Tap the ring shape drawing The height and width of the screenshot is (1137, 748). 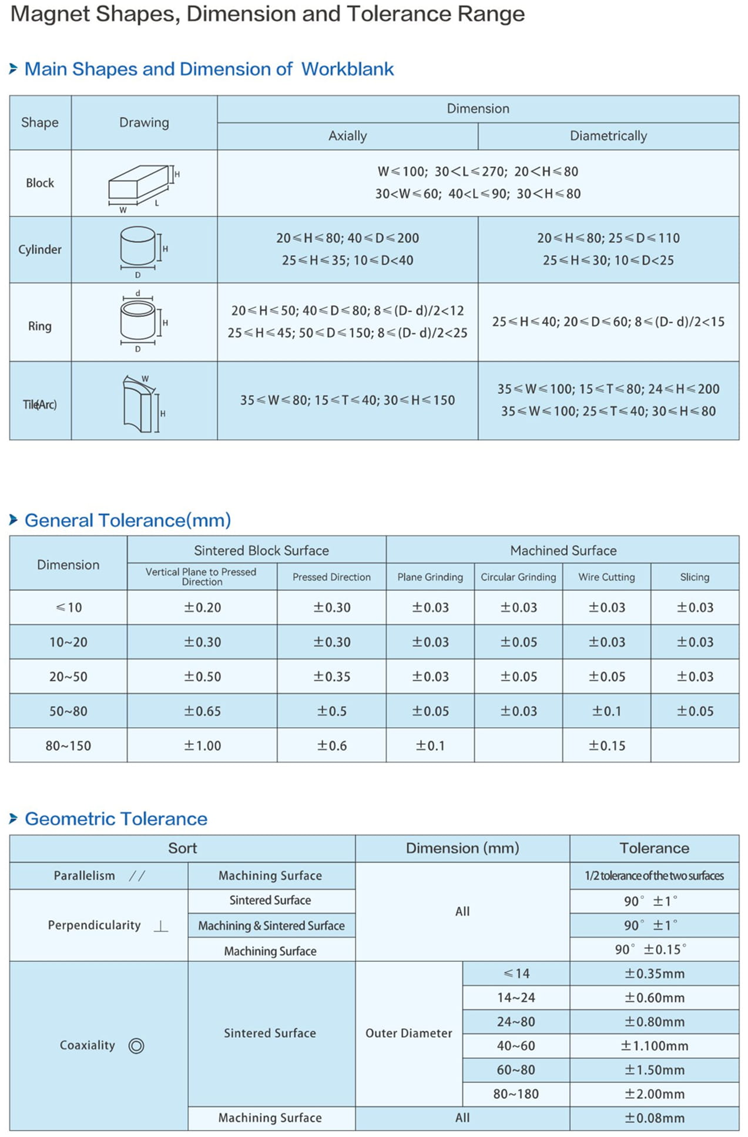pos(142,322)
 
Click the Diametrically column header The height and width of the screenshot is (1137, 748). pos(608,136)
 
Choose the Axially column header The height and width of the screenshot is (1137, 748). pos(347,136)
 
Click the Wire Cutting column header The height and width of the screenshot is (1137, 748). pos(606,577)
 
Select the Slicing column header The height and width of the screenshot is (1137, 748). pos(695,577)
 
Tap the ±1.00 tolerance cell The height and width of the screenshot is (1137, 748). pos(202,745)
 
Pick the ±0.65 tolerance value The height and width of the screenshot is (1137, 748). pos(202,711)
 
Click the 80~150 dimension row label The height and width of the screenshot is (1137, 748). pos(68,745)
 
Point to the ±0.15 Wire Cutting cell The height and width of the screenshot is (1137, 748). pos(606,745)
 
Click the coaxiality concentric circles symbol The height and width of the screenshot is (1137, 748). pos(136,1046)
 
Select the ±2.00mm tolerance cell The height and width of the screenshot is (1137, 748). pos(654,1094)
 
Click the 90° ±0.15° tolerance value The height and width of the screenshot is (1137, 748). pos(650,949)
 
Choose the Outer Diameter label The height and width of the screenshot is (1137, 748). pos(408,1033)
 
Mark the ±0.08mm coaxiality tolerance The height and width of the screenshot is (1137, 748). pos(654,1118)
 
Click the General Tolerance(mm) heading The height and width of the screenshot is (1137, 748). pos(128,520)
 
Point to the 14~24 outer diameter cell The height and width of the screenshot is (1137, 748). pos(515,998)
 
